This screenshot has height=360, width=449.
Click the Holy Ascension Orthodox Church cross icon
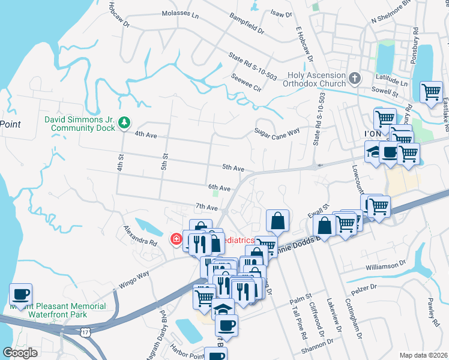pos(355,78)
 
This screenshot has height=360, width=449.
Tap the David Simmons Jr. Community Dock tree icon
pos(124,123)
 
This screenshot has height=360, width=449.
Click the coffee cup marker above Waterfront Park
pos(21,295)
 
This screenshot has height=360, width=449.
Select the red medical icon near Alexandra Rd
pos(176,240)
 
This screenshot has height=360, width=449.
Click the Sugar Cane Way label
pos(276,131)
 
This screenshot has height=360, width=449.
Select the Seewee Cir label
pos(247,83)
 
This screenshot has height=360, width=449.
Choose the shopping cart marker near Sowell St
pos(431,93)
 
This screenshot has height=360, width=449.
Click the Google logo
pos(20,353)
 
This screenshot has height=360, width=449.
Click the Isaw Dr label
pos(280,13)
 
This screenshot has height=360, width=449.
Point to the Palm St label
pos(300,296)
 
